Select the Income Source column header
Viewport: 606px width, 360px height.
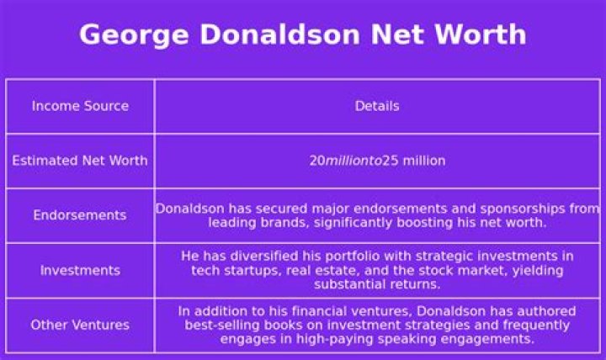[80, 106]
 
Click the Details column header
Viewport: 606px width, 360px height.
[377, 106]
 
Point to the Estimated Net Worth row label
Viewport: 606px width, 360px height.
[80, 161]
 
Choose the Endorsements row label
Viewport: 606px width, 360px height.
[80, 215]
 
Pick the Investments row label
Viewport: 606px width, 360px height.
[80, 270]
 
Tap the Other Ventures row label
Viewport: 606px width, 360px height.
[80, 325]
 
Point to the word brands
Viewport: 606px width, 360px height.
[280, 223]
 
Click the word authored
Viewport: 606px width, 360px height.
[542, 310]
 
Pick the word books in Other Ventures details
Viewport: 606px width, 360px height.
[290, 325]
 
